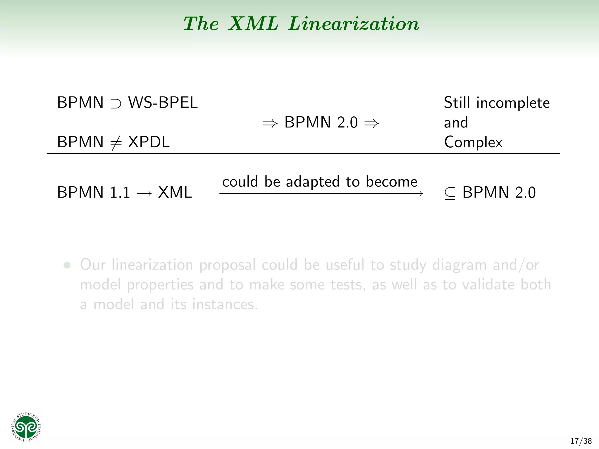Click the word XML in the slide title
click(x=253, y=23)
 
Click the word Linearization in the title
click(x=354, y=23)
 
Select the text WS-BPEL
click(x=163, y=103)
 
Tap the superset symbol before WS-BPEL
click(x=116, y=103)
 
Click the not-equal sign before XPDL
click(x=116, y=143)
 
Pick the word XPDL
click(x=149, y=142)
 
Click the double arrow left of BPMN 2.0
click(x=270, y=123)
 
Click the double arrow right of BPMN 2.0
click(x=371, y=123)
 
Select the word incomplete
click(x=513, y=103)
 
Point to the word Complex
click(x=473, y=142)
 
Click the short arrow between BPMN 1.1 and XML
click(x=144, y=193)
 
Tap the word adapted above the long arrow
click(x=312, y=182)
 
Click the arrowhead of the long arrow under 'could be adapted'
click(x=421, y=193)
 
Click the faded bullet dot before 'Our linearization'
click(x=67, y=265)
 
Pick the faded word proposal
click(x=228, y=265)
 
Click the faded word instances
click(x=225, y=304)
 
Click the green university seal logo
click(x=26, y=427)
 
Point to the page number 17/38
click(x=581, y=441)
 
